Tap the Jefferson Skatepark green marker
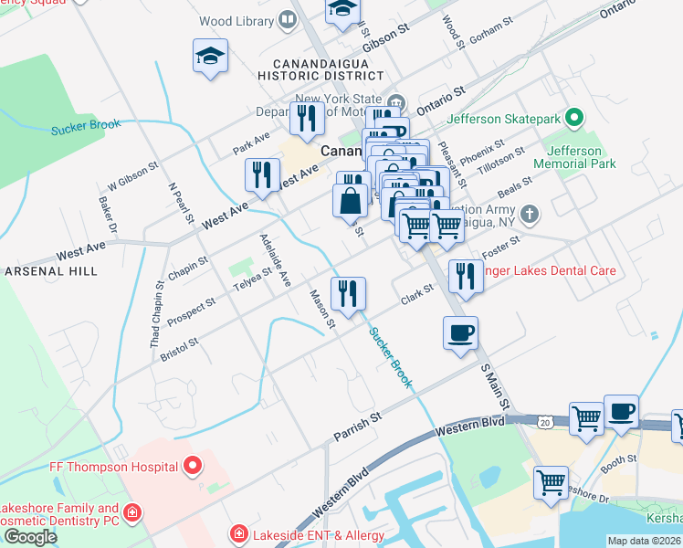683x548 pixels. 573,118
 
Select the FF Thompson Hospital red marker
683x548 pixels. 192,467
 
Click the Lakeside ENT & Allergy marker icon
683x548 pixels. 238,532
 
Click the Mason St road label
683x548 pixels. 322,309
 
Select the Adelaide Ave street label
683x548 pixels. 275,260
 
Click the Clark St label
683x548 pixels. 416,294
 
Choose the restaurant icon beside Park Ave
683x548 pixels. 306,118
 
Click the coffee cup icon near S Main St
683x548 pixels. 460,332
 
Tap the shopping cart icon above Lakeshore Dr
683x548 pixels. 551,481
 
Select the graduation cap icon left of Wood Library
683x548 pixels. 210,57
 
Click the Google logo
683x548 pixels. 29,537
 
